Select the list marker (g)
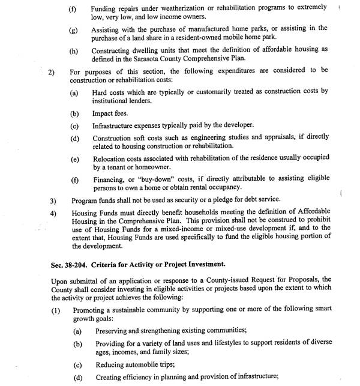tap(73, 29)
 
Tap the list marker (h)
tap(73, 51)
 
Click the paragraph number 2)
tap(51, 70)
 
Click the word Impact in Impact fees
tap(103, 113)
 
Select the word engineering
tap(220, 137)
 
